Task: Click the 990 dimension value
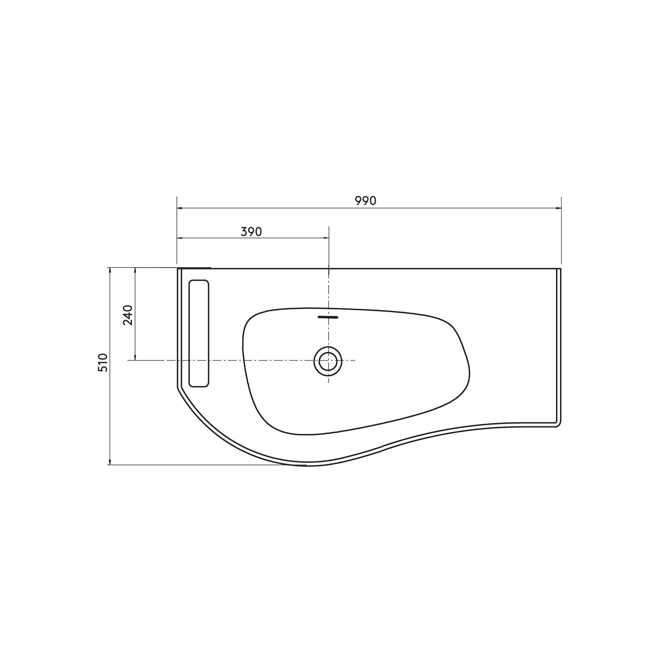click(366, 201)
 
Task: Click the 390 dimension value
click(252, 232)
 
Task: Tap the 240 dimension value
click(128, 315)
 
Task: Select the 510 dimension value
click(103, 363)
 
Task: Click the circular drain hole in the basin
click(328, 362)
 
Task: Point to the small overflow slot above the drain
click(328, 317)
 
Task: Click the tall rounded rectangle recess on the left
click(199, 333)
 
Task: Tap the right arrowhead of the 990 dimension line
click(559, 208)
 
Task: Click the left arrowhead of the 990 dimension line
click(179, 208)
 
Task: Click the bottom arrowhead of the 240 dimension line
click(135, 358)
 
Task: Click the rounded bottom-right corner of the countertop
click(559, 425)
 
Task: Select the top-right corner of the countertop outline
click(561, 269)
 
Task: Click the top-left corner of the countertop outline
click(178, 269)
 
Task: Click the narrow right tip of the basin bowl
click(469, 373)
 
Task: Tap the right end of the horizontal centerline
click(355, 360)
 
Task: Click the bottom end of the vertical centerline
click(329, 382)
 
